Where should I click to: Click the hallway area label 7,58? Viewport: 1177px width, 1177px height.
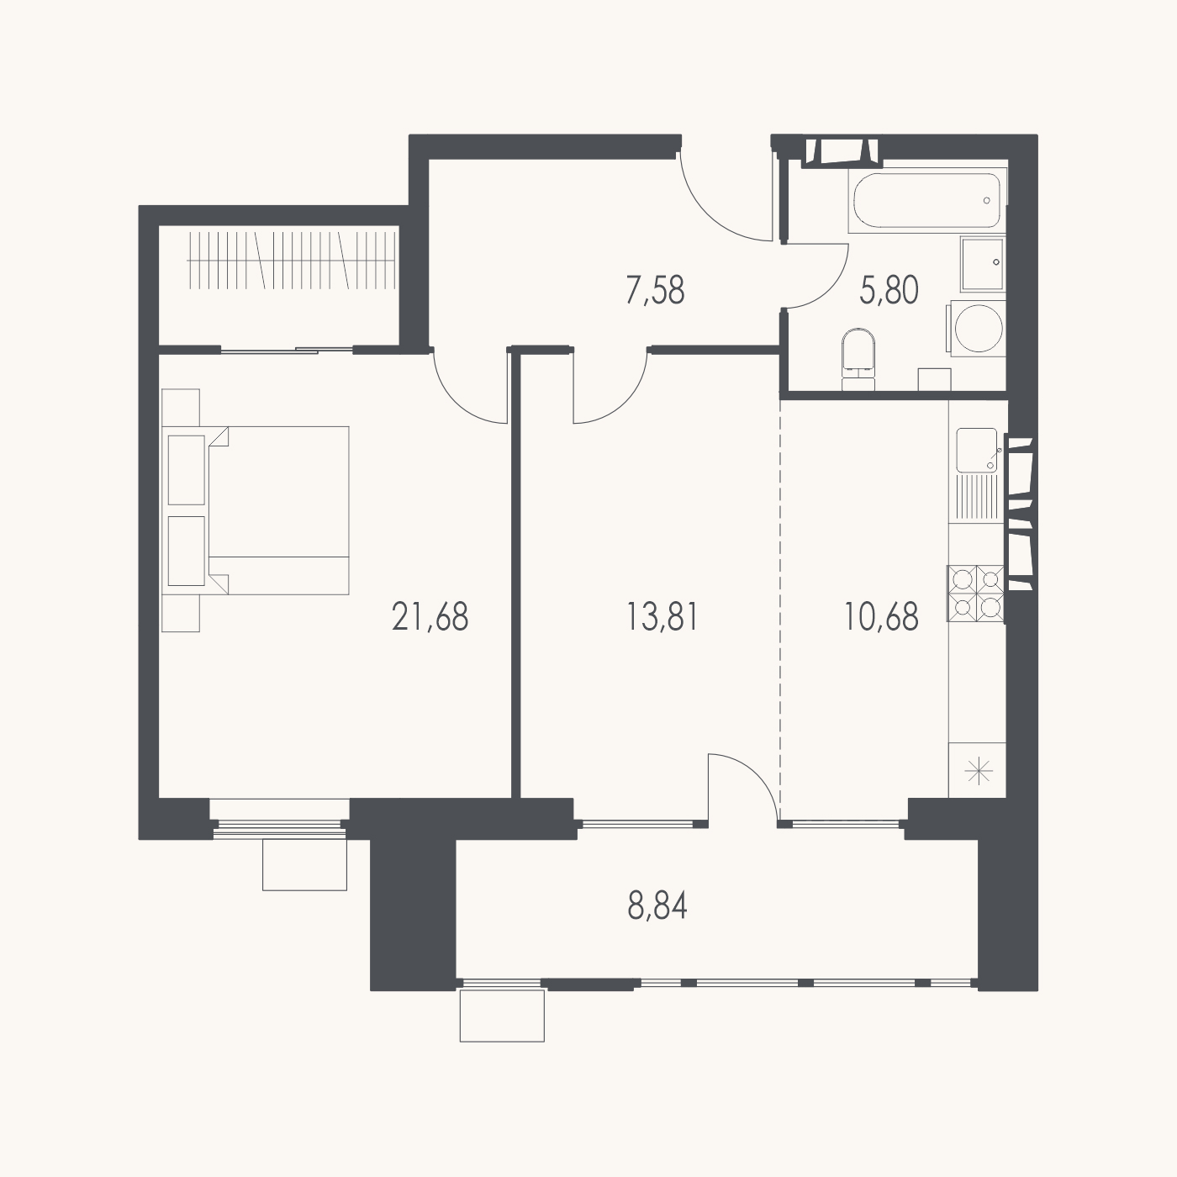point(656,290)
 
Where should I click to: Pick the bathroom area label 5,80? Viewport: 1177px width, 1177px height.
point(889,290)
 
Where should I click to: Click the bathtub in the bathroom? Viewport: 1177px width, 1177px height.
point(927,201)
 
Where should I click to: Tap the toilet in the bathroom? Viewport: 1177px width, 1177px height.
point(858,360)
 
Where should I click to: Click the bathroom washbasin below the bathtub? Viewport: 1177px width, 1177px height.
point(983,264)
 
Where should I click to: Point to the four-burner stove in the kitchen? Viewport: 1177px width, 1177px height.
point(975,594)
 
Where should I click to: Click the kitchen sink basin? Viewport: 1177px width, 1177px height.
point(977,450)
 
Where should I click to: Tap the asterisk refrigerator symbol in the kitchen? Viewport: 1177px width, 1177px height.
point(979,771)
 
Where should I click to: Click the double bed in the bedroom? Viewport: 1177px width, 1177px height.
point(278,510)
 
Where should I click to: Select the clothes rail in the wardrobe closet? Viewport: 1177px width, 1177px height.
point(292,260)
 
